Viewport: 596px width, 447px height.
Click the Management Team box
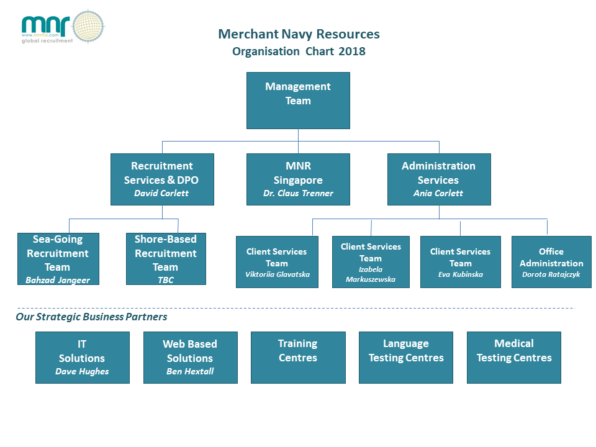298,101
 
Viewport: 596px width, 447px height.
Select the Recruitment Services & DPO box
162,179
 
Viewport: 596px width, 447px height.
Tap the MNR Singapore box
298,179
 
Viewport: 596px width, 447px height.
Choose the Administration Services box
438,179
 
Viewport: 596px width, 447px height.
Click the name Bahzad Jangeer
58,280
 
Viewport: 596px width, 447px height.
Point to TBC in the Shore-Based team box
166,280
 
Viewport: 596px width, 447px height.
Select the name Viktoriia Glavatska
277,274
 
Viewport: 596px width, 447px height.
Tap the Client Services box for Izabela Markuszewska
371,262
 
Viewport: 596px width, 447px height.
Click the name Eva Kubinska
460,274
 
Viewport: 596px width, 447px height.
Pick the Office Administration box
551,262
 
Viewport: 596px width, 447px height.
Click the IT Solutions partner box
82,357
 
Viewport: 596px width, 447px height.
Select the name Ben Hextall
190,371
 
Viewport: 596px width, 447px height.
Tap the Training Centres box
298,357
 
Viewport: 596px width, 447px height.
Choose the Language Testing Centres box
406,357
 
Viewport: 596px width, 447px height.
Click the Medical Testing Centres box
514,357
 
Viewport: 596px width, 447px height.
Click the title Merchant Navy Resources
299,34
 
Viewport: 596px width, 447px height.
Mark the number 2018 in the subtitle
352,52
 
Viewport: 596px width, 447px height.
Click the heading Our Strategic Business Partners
91,317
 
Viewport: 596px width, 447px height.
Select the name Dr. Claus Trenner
298,193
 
